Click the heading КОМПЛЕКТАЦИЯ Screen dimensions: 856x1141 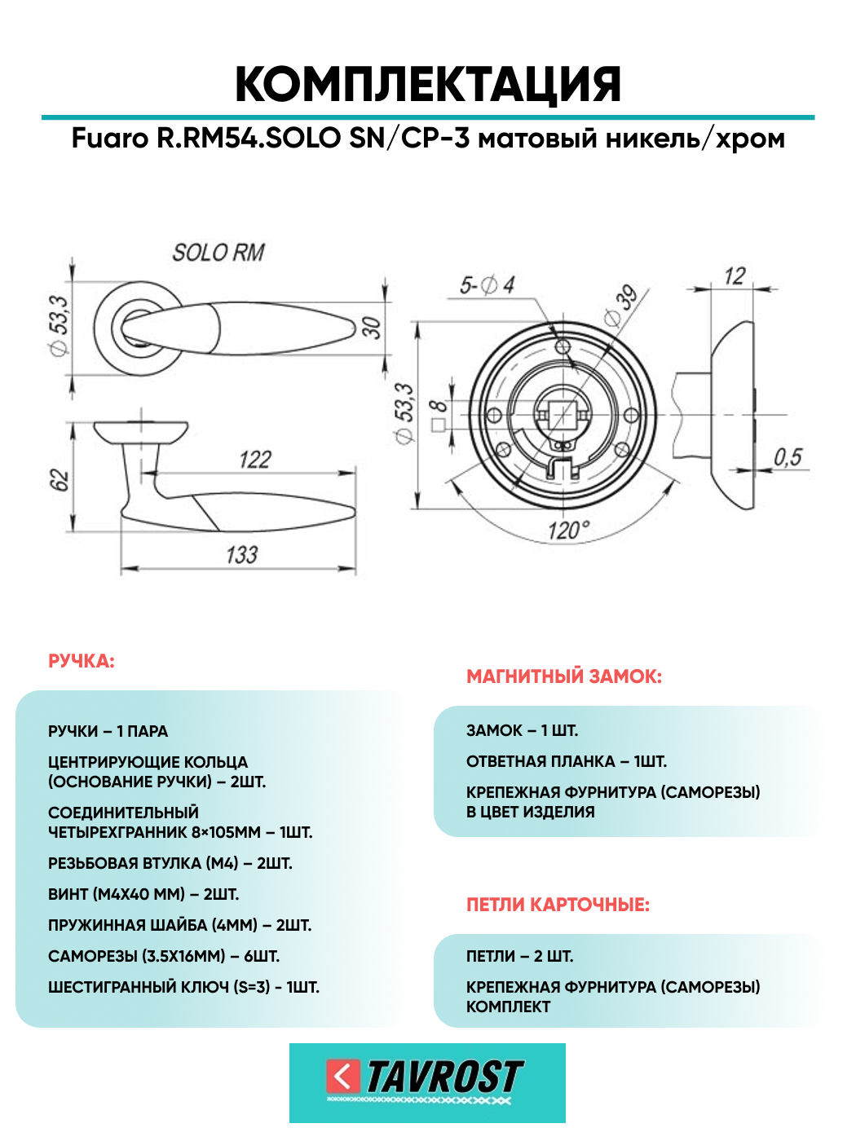point(428,84)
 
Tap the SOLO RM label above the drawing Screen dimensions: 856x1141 point(218,253)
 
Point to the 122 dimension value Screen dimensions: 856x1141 point(255,460)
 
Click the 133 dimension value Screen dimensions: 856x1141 point(241,555)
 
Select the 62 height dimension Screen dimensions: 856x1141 point(60,479)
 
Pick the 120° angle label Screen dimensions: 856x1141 point(569,531)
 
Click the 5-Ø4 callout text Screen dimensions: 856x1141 point(487,285)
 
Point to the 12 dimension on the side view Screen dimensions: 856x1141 point(735,276)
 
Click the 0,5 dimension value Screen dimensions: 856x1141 point(788,457)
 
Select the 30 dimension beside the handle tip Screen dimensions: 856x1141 point(371,328)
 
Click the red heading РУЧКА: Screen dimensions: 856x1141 point(81,661)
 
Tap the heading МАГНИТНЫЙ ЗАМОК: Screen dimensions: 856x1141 point(564,676)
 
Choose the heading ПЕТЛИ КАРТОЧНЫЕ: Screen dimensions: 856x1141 point(558,905)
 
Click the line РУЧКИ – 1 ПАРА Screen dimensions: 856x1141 point(108,731)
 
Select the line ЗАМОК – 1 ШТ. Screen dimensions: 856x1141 point(522,730)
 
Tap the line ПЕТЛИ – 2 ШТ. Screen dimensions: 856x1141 point(520,956)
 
